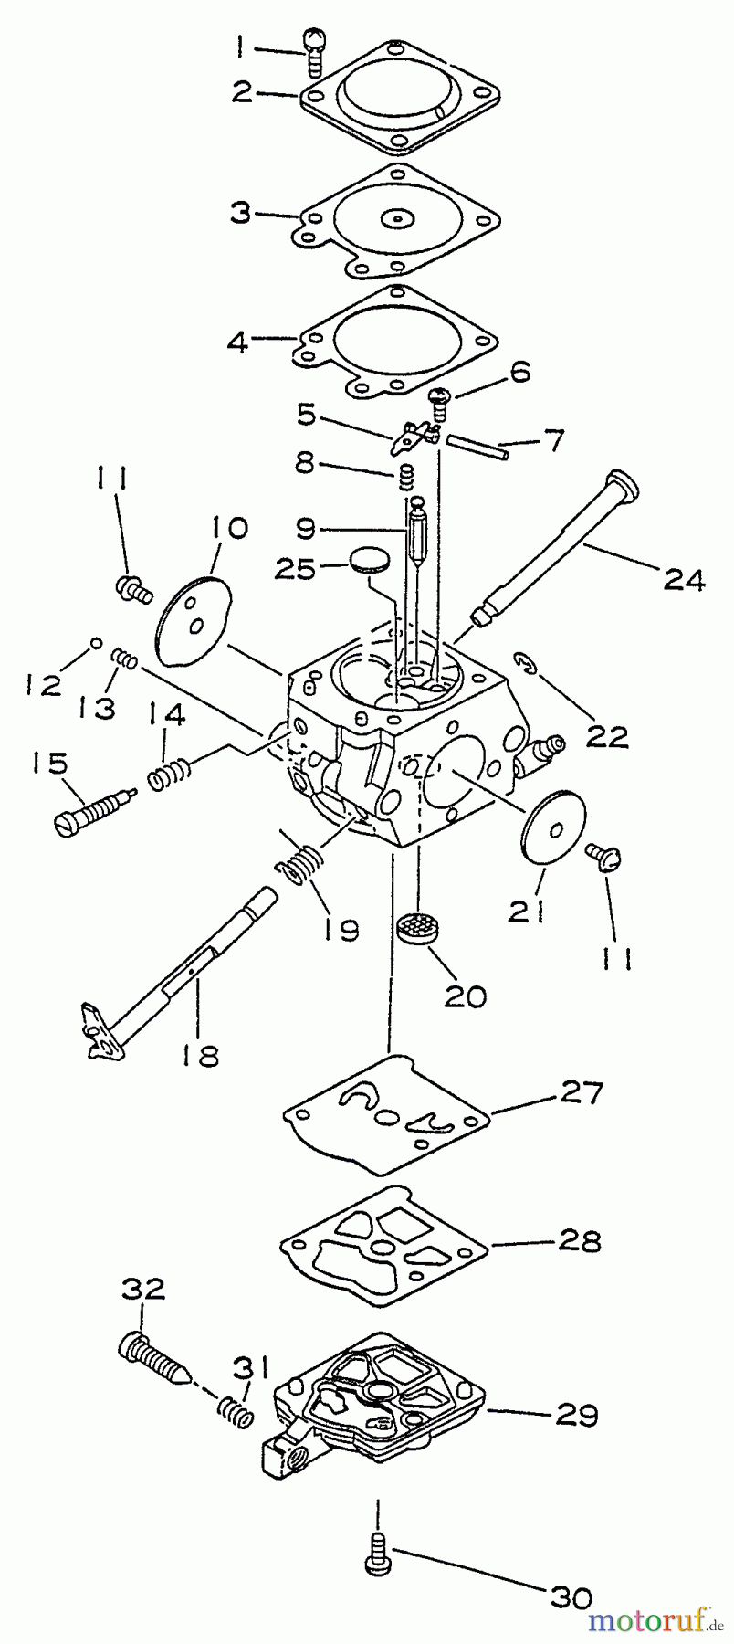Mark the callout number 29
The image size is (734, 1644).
pos(575,1415)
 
